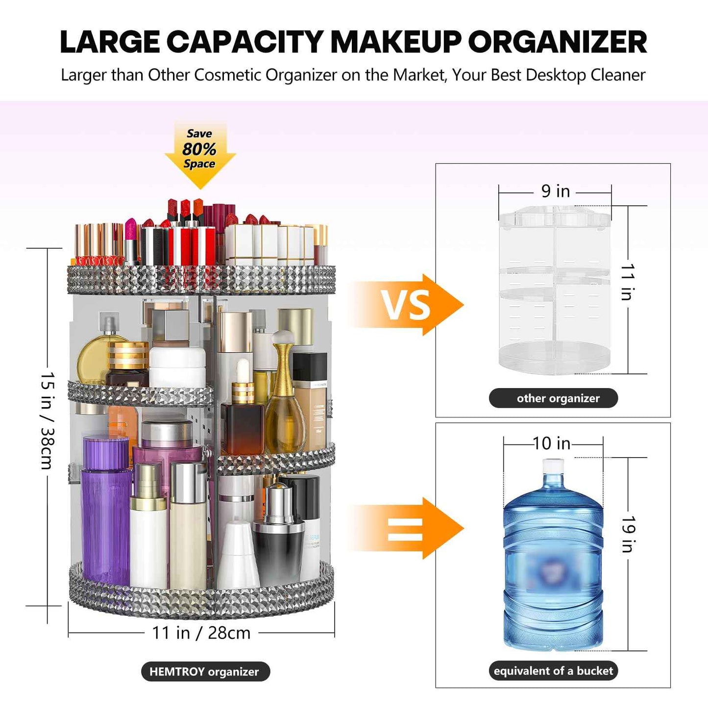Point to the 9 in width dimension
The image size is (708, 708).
coord(555,191)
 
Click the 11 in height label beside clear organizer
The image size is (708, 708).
coord(628,282)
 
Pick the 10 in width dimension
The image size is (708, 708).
coord(552,443)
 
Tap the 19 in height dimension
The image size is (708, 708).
coord(628,534)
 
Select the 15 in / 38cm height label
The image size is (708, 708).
coord(48,420)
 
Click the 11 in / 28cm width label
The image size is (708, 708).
coord(201,633)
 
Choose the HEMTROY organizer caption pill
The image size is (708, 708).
coord(205,671)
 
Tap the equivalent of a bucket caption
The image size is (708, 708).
coord(553,671)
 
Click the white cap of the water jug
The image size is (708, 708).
coord(553,465)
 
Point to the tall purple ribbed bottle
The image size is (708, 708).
coord(105,514)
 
